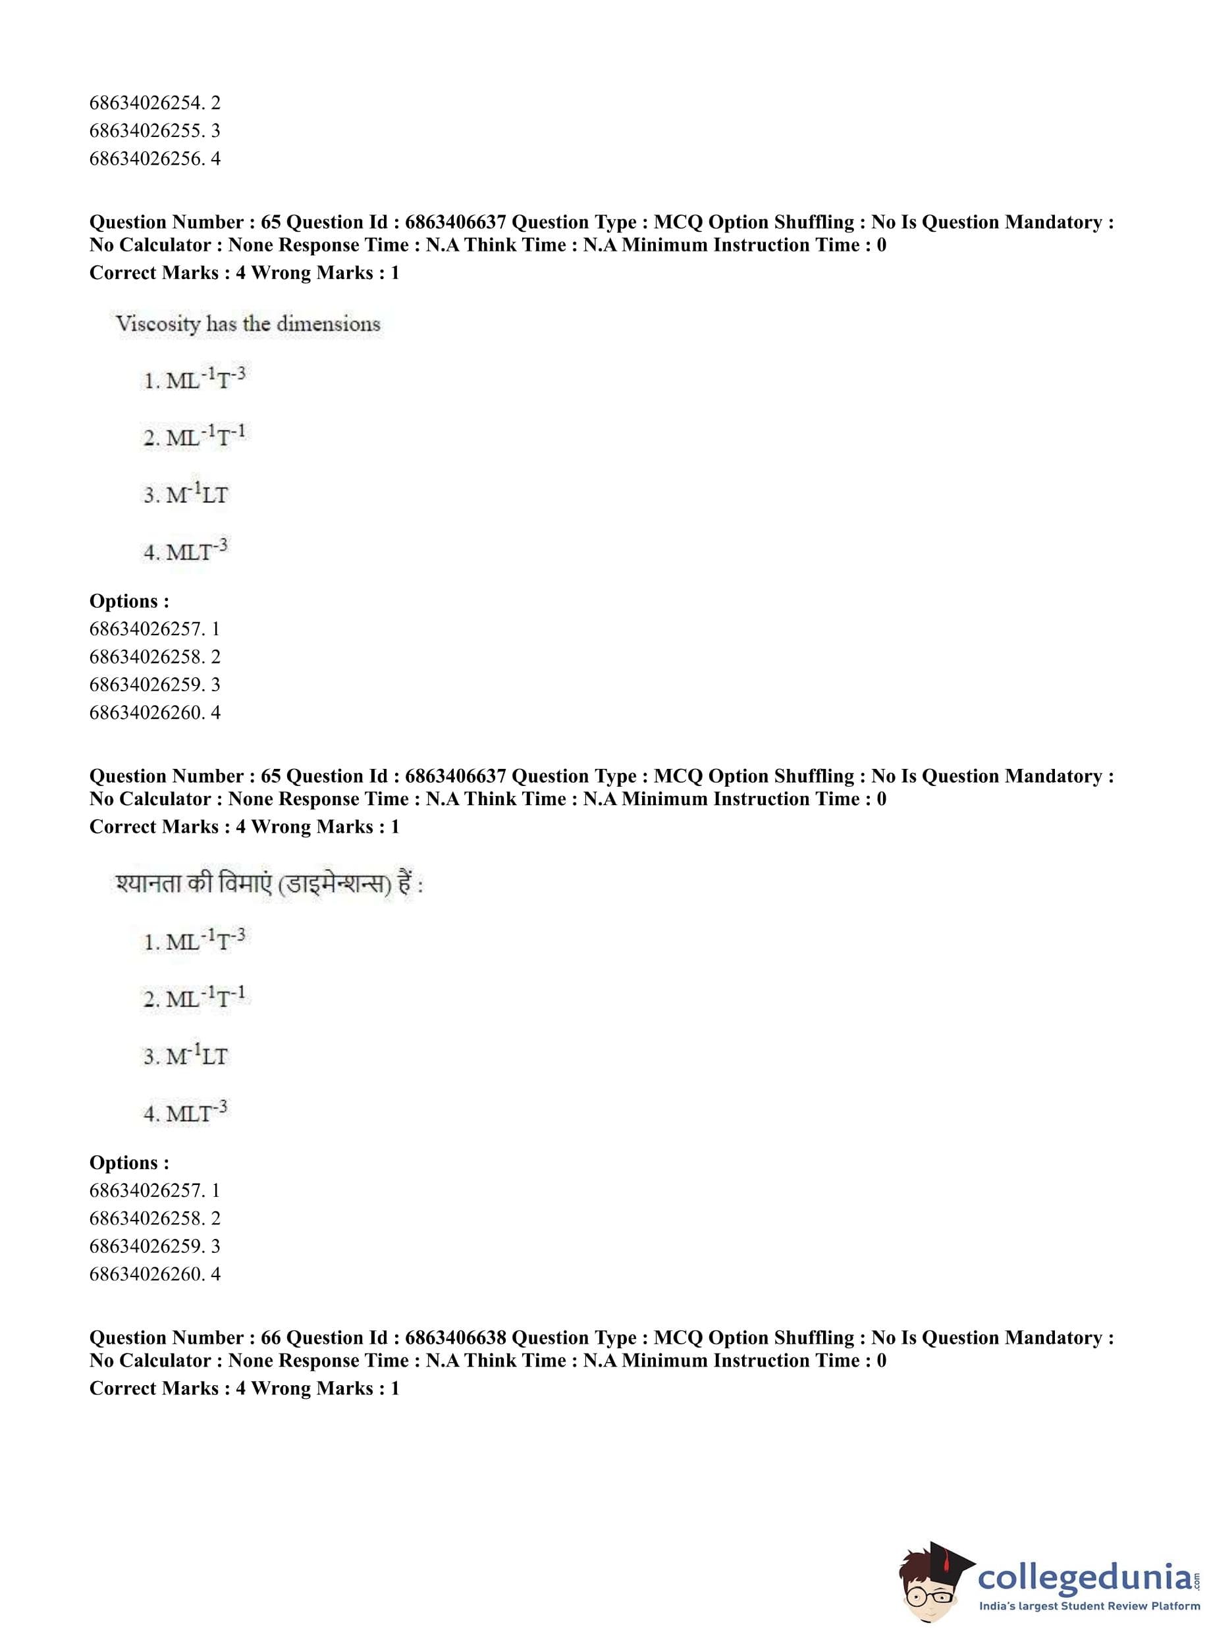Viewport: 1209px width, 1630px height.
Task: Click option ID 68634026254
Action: [155, 103]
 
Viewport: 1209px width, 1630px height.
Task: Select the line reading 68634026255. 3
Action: [155, 131]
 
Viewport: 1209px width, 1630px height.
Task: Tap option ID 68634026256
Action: [155, 159]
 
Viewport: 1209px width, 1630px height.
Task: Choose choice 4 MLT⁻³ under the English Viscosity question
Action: [186, 550]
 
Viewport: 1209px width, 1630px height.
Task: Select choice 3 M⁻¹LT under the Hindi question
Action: [186, 1056]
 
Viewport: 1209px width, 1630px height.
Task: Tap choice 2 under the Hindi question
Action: [196, 998]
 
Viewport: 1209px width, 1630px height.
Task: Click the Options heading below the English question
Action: [129, 601]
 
